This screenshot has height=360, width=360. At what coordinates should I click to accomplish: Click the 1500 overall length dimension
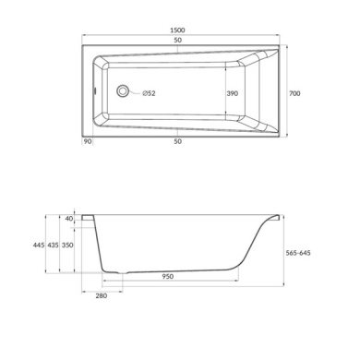(x=177, y=30)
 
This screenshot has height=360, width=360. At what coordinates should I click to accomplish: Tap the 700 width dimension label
(x=294, y=93)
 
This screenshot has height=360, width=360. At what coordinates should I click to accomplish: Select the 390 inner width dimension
(x=233, y=93)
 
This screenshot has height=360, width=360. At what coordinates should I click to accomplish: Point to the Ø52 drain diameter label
(x=149, y=93)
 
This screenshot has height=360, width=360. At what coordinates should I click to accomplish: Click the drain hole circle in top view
(x=123, y=91)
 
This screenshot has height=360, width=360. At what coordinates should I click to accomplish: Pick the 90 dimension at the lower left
(x=88, y=141)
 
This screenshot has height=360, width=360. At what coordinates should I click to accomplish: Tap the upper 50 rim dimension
(x=177, y=41)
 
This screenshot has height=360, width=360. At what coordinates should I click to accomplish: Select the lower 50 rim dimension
(x=177, y=141)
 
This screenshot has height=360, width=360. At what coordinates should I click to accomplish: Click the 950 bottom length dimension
(x=168, y=277)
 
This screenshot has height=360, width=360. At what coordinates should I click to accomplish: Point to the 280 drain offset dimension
(x=102, y=295)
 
